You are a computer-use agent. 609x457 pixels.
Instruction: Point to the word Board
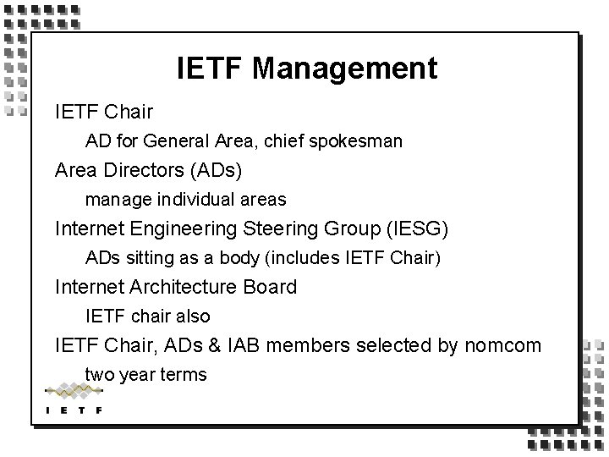[270, 287]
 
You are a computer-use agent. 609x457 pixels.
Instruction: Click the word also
[191, 317]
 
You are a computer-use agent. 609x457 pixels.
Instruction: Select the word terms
[184, 374]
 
